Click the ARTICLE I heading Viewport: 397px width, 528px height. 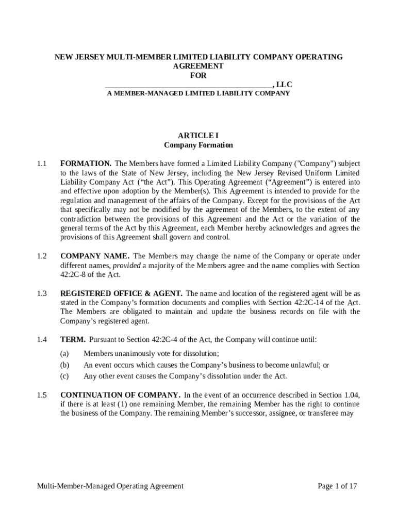coord(198,135)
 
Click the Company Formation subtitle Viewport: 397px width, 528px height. coord(198,145)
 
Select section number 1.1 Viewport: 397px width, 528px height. coord(42,163)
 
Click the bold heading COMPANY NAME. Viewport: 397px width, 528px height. coord(95,256)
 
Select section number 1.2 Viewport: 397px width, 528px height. coord(42,256)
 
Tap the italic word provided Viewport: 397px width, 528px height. coord(126,266)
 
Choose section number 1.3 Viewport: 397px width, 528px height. coord(42,293)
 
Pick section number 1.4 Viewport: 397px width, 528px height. coord(42,340)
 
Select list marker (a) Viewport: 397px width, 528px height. coord(64,354)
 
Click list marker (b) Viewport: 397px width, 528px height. coord(64,365)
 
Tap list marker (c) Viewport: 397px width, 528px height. coord(64,376)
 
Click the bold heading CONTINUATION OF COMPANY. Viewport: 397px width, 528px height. coord(120,395)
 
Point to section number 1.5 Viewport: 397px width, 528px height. coord(42,395)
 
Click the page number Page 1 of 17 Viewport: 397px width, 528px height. coord(337,486)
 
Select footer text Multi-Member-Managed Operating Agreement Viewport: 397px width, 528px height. coord(110,486)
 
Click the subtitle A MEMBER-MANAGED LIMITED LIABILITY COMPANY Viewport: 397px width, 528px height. coord(198,94)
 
